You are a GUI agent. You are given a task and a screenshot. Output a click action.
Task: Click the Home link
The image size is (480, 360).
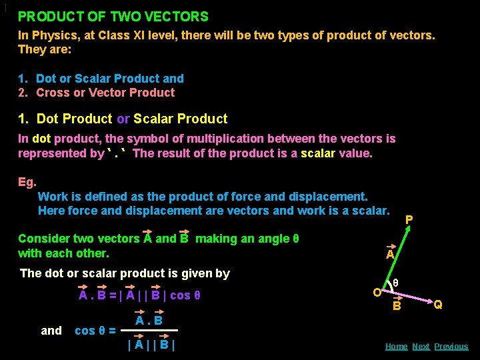pos(396,347)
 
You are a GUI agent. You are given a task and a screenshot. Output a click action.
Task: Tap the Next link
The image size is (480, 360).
pos(421,347)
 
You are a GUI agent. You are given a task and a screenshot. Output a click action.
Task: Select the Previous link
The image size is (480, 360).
pos(451,347)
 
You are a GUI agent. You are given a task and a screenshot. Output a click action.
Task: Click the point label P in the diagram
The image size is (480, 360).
pos(409,219)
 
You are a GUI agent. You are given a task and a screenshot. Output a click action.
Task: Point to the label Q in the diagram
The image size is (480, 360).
pos(438,305)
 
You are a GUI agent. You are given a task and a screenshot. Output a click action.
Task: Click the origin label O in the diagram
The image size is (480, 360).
pos(377,292)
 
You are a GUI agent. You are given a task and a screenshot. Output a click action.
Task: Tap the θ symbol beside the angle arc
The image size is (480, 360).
pos(395,283)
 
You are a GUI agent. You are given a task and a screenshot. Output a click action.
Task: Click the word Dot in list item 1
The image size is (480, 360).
pos(46,79)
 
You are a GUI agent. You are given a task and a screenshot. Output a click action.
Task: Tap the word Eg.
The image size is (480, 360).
pos(27,182)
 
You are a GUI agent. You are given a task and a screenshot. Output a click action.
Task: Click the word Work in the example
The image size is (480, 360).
pos(53,197)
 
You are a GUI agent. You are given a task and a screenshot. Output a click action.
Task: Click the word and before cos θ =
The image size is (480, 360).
pos(51,331)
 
